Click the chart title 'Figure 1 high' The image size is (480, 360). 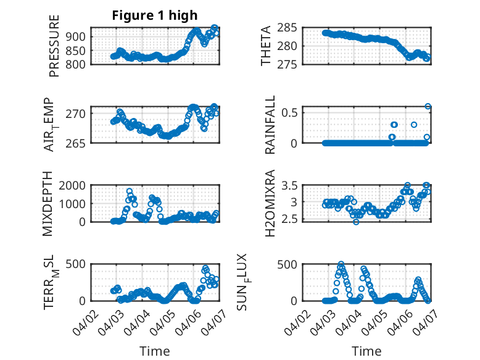coord(154,15)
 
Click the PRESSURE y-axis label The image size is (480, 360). coord(54,46)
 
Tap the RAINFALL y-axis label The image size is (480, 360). coord(270,125)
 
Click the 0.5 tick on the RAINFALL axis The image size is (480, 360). coord(292,113)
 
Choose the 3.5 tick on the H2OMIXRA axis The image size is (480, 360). coord(292,185)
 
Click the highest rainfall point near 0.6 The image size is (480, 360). coord(428,106)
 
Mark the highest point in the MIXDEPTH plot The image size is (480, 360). coord(130,191)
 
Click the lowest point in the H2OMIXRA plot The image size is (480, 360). coord(356,221)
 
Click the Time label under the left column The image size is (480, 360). coord(154,351)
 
